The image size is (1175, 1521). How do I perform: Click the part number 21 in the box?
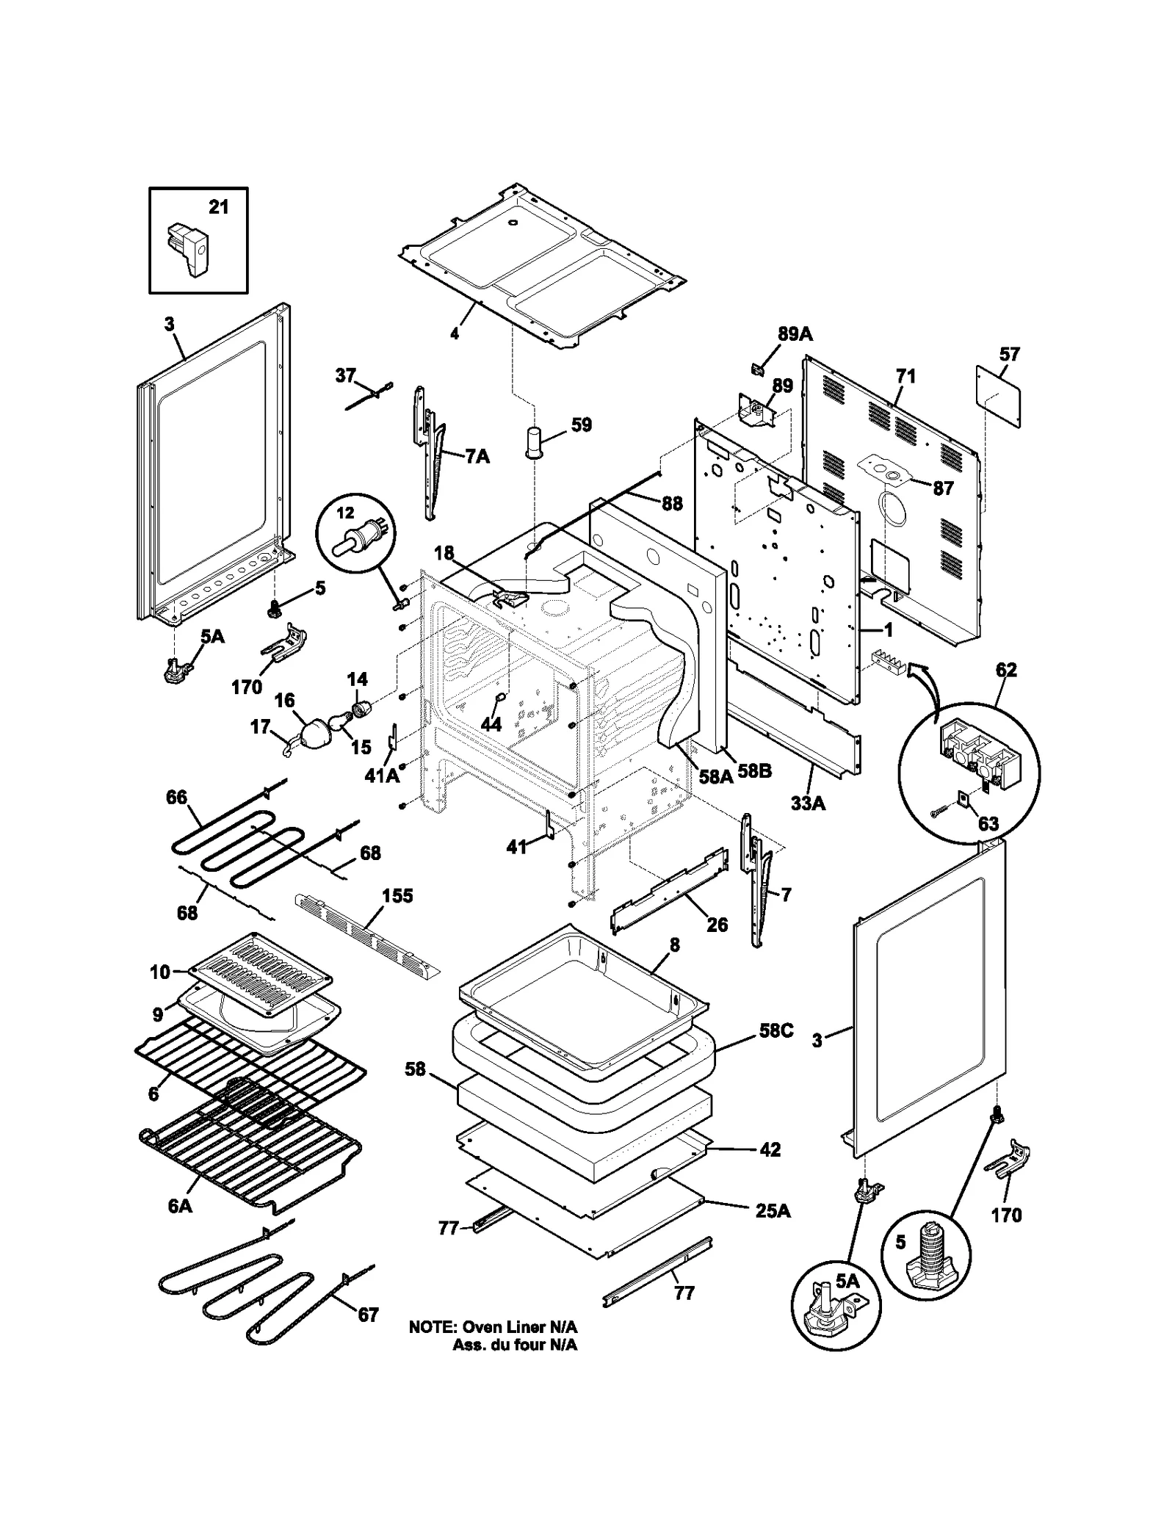click(218, 208)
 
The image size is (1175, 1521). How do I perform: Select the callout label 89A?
click(795, 334)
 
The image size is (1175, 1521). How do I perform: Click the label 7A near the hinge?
click(477, 457)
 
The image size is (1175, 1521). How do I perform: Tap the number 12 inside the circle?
click(344, 513)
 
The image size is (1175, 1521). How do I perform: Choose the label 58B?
click(754, 772)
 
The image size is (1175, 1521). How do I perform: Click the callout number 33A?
click(808, 803)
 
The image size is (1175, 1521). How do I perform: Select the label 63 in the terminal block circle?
click(988, 823)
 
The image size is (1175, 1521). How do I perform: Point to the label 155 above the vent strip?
click(397, 896)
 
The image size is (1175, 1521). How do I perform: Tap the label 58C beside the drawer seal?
click(775, 1030)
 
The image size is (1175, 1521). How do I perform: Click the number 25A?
click(773, 1211)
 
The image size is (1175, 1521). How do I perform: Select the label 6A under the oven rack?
click(180, 1206)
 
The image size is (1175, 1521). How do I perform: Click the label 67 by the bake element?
click(367, 1315)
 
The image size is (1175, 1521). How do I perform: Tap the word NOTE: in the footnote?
click(433, 1327)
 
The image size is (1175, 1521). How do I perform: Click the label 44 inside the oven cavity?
click(491, 724)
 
